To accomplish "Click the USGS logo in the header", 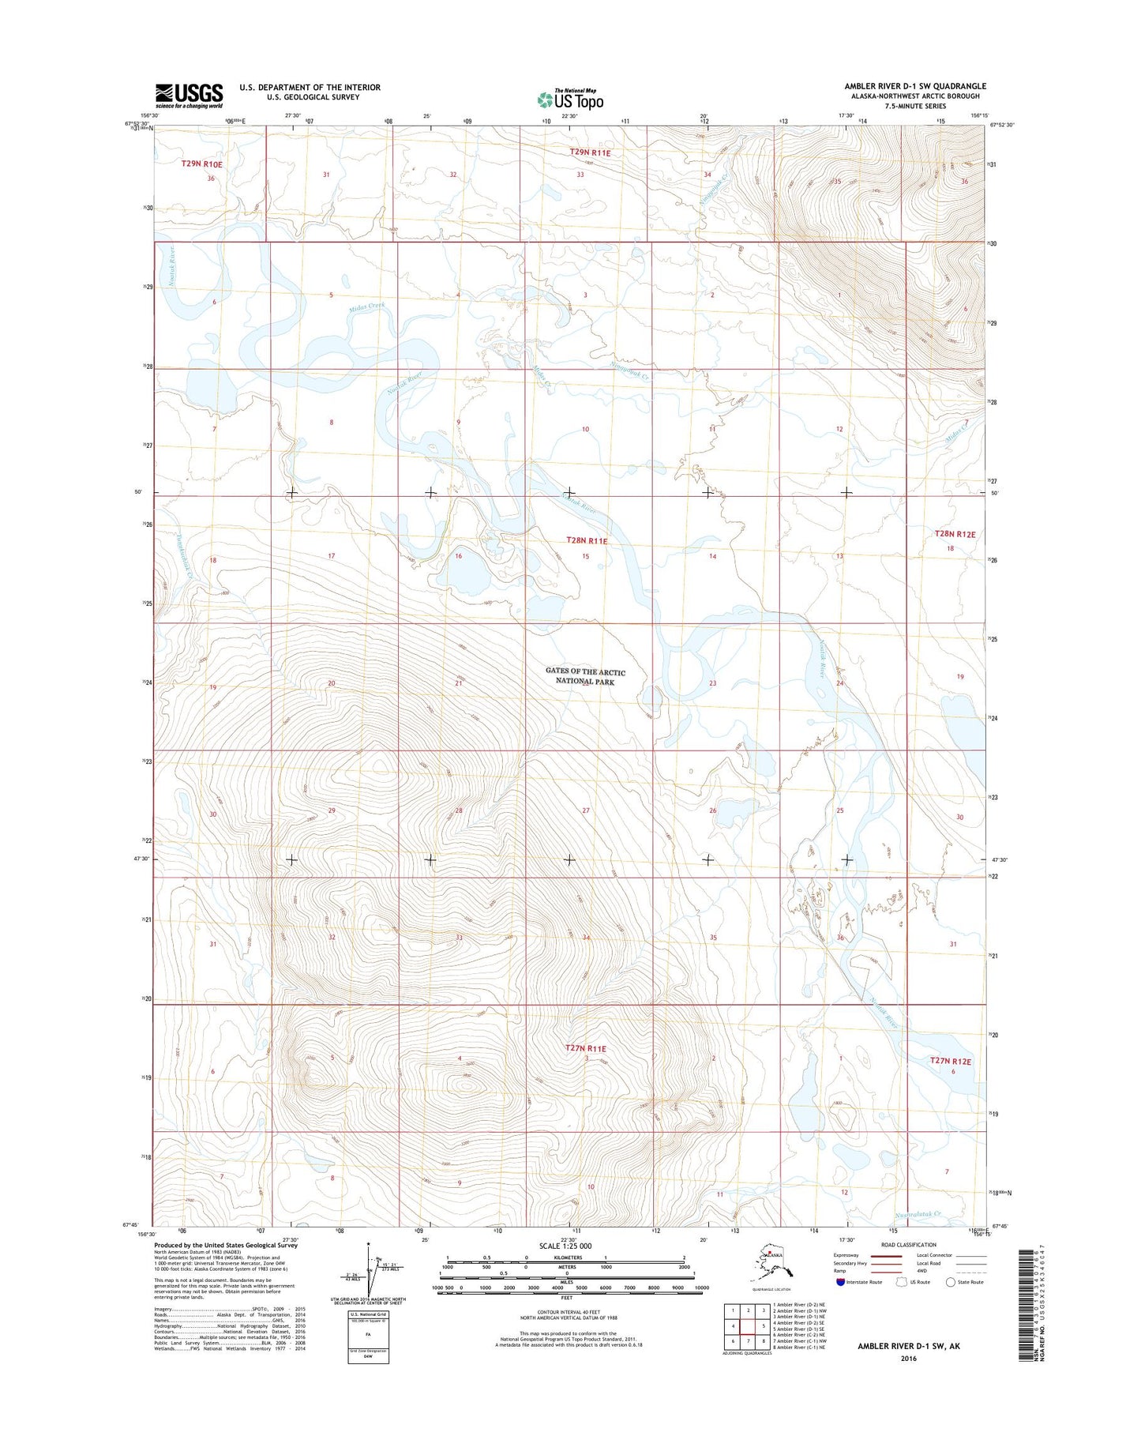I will (x=189, y=96).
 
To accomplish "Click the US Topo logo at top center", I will (x=570, y=100).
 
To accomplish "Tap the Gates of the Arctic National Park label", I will (x=585, y=676).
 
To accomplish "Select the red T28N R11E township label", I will (x=587, y=541).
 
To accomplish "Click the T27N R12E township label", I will (x=950, y=1062).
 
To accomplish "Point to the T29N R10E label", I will (x=201, y=164).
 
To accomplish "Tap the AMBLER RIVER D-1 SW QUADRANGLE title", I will (x=915, y=86).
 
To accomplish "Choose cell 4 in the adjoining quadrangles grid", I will (x=734, y=1326).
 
